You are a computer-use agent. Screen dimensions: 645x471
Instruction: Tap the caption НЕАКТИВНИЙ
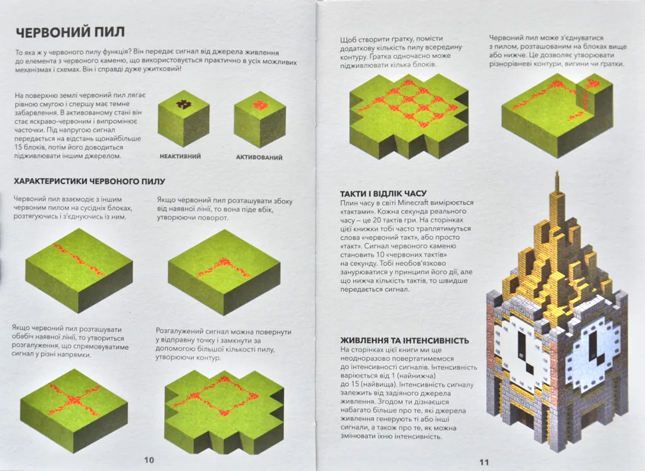click(180, 156)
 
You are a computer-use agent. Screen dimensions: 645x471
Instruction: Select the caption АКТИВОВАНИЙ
click(259, 157)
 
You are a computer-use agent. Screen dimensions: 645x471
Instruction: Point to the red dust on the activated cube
click(260, 105)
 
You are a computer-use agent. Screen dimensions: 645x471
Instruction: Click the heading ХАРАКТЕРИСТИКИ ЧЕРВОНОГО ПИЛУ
click(89, 181)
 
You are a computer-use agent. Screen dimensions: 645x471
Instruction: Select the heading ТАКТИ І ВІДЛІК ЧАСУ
click(384, 194)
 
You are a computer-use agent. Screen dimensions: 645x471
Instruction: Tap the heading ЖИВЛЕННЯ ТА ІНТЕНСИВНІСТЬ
click(404, 340)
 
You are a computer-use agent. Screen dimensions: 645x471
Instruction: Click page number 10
click(149, 460)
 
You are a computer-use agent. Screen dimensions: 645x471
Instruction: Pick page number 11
click(484, 462)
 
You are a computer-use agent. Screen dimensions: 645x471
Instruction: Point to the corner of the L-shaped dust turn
click(224, 262)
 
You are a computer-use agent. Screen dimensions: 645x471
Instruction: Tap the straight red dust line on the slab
click(79, 259)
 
